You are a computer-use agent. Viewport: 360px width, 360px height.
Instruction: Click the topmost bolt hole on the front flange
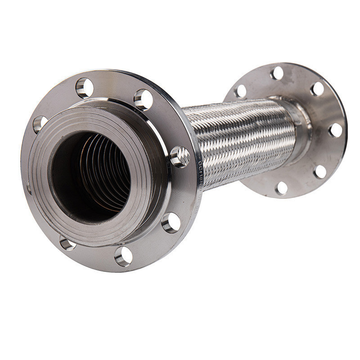pyautogui.click(x=85, y=87)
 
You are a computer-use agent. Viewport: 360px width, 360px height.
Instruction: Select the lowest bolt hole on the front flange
pyautogui.click(x=123, y=256)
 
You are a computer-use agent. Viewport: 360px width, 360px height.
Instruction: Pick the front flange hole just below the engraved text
pyautogui.click(x=171, y=223)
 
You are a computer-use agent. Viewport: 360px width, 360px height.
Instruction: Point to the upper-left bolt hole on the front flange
pyautogui.click(x=40, y=124)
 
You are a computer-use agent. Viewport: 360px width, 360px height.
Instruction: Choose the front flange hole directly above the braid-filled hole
pyautogui.click(x=143, y=99)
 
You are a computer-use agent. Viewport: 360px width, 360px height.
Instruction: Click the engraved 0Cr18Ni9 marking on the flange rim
pyautogui.click(x=201, y=173)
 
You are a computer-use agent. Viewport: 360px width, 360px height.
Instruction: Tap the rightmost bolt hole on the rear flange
pyautogui.click(x=336, y=130)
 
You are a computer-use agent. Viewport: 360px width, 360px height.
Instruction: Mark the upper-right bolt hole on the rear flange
pyautogui.click(x=318, y=89)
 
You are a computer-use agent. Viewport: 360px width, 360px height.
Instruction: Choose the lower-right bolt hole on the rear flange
pyautogui.click(x=320, y=171)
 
